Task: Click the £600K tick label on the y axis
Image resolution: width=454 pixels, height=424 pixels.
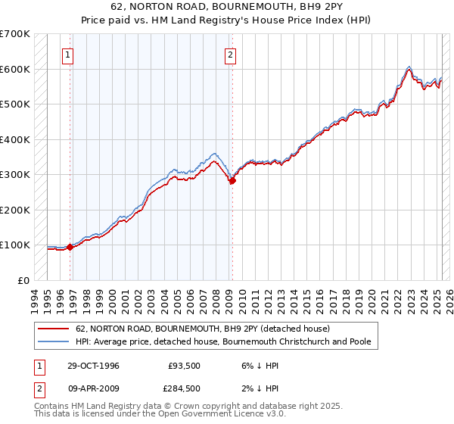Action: pos(14,69)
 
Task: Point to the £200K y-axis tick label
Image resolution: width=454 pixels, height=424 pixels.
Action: pos(14,210)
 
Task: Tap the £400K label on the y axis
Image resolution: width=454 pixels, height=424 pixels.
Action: pos(14,139)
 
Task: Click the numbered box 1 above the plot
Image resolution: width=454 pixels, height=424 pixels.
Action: pos(68,55)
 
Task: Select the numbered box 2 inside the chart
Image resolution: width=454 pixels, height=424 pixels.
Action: pos(229,55)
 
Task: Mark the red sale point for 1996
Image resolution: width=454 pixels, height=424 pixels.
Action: pos(70,247)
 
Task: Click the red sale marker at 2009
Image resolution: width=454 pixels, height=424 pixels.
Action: pos(232,180)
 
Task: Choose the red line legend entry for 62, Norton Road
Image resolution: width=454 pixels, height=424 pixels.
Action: pos(203,329)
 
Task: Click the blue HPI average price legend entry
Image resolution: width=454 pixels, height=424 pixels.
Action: pos(222,342)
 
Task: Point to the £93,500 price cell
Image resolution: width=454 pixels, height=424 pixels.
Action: pos(184,366)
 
